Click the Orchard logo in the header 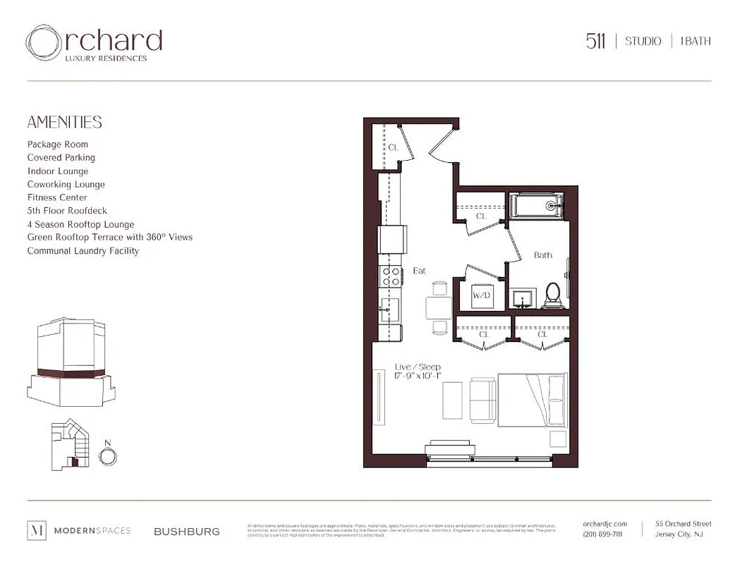94,43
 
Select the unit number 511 595,41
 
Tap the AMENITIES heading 64,122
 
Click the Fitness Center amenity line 57,197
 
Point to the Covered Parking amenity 61,157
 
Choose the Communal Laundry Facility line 83,250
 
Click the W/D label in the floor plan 481,295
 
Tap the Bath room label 542,255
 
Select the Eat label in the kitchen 419,270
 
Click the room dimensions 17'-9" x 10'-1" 418,376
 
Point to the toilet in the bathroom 552,295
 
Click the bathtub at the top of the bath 536,206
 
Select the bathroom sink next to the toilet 523,298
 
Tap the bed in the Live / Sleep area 532,400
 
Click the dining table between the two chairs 439,307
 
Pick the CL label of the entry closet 393,147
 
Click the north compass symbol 107,456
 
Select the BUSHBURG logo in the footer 186,531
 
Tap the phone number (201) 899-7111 603,534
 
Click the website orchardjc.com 605,523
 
